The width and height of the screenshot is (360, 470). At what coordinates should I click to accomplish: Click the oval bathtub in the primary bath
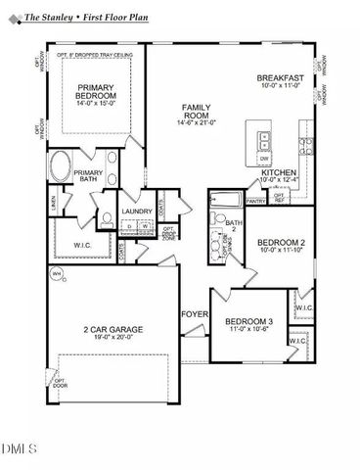coord(60,165)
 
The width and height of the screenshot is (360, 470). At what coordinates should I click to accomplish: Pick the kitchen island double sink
coord(261,136)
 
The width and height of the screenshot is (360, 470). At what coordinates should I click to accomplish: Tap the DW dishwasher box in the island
coord(264,157)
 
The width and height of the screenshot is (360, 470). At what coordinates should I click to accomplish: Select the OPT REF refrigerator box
coord(280,198)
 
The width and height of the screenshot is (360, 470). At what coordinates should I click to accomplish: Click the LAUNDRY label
coord(136,211)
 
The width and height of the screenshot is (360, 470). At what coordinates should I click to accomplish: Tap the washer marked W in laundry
coord(144,227)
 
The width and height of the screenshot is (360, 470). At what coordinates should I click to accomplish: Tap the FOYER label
coord(193,313)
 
